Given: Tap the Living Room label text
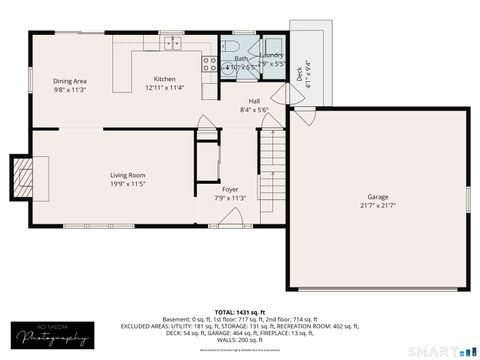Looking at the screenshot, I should (128, 175).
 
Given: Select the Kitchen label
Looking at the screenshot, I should (164, 79).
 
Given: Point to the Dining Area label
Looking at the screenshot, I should (69, 80).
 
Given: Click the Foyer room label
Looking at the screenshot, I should (230, 188).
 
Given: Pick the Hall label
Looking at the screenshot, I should (254, 101).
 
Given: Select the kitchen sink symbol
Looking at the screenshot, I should (172, 43).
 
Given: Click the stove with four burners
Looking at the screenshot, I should (210, 62).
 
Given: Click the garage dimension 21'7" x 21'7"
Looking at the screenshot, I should (378, 205).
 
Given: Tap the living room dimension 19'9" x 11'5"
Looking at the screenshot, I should (128, 184).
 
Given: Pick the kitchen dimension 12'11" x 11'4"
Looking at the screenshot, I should (164, 88).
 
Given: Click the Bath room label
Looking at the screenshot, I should (240, 58).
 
